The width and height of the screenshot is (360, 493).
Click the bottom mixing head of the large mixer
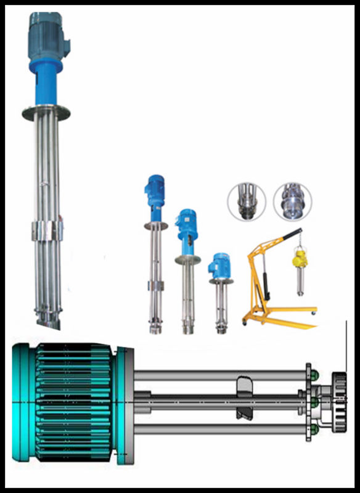pyautogui.click(x=47, y=317)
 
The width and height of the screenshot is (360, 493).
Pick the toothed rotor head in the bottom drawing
pyautogui.click(x=338, y=401)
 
